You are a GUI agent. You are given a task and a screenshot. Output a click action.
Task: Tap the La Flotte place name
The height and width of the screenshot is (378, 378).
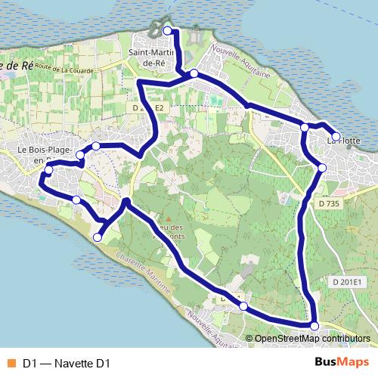point(344,141)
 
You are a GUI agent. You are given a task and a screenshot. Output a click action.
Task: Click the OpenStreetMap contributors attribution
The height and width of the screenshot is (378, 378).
point(313,339)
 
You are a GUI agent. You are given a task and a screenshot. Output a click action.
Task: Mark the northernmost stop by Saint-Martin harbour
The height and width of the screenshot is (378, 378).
point(168,30)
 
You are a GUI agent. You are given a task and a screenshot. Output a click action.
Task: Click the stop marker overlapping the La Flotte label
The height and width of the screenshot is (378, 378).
point(336,136)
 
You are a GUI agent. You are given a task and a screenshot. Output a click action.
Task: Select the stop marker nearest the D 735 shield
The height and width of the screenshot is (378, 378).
point(321,167)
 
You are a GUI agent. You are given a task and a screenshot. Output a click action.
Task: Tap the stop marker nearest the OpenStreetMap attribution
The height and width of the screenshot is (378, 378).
point(314,325)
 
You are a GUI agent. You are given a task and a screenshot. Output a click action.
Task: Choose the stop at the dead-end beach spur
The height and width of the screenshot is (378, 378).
point(97,237)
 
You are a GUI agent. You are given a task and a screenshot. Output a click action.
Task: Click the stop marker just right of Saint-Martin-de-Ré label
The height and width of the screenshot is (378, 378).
point(194,73)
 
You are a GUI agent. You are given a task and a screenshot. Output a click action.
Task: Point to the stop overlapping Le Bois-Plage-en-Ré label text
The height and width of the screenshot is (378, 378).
point(49,170)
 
